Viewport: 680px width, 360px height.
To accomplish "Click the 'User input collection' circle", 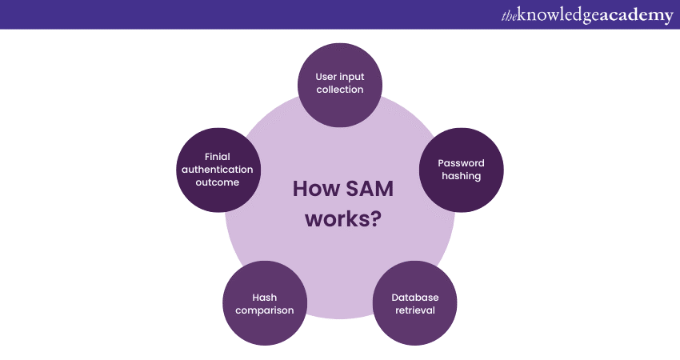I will pyautogui.click(x=340, y=83).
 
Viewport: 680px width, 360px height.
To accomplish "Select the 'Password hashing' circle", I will pyautogui.click(x=461, y=170).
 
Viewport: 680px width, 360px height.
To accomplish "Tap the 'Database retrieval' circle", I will pyautogui.click(x=414, y=303).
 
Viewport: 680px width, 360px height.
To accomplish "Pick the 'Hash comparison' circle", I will pyautogui.click(x=265, y=303).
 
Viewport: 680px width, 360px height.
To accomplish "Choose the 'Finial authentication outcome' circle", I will pyautogui.click(x=217, y=170).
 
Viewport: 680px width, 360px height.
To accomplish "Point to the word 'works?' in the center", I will pyautogui.click(x=340, y=218).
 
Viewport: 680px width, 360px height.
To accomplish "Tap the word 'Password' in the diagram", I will pyautogui.click(x=461, y=163).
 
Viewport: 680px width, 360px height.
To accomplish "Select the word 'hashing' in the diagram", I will pyautogui.click(x=461, y=176).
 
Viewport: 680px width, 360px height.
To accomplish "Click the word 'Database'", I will pyautogui.click(x=414, y=298).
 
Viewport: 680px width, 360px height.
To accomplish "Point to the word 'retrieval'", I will pyautogui.click(x=414, y=310).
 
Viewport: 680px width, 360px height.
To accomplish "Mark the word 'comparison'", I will pyautogui.click(x=265, y=310).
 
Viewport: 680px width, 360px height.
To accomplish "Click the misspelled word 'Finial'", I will pyautogui.click(x=218, y=157).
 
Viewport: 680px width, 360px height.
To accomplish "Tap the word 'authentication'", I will pyautogui.click(x=217, y=170).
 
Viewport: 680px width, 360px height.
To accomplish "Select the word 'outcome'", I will pyautogui.click(x=217, y=182).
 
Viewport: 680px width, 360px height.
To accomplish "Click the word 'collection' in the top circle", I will pyautogui.click(x=340, y=90).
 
